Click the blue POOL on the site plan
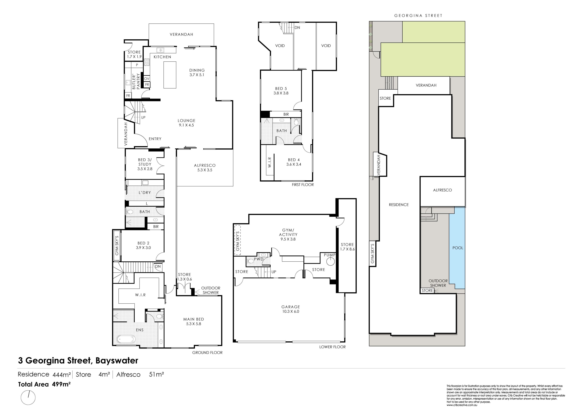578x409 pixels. [x=457, y=248]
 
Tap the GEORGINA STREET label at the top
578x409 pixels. [x=418, y=16]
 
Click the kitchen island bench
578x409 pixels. [x=170, y=75]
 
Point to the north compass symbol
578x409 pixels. [x=28, y=397]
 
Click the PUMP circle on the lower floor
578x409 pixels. [x=331, y=262]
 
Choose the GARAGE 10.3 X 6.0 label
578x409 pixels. [x=291, y=309]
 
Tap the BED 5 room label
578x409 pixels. [x=281, y=91]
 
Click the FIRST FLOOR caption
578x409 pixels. [x=303, y=185]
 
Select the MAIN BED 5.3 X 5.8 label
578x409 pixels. [x=194, y=321]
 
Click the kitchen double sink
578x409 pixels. [x=160, y=50]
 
